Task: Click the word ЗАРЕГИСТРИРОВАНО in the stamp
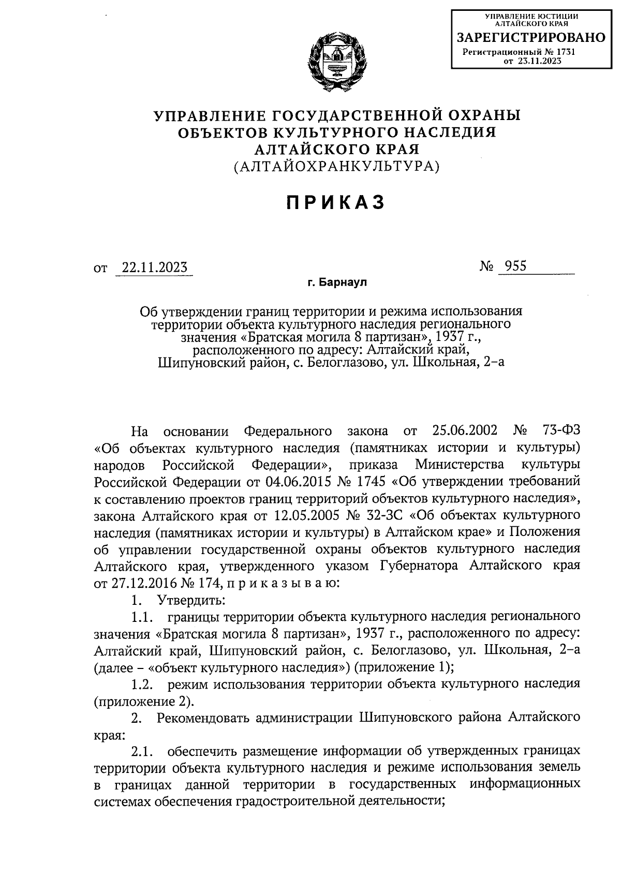530,37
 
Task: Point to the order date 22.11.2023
154,268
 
